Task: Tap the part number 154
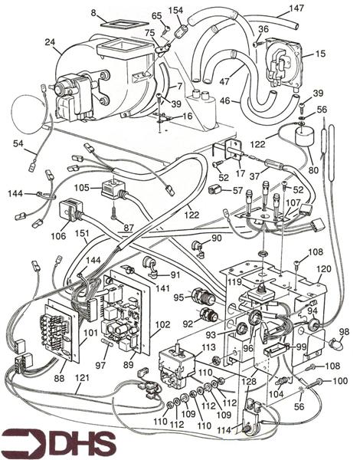click(x=175, y=11)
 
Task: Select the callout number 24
click(x=50, y=42)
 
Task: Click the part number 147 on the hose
click(x=296, y=8)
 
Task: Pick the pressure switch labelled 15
click(x=283, y=64)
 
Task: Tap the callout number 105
click(x=82, y=188)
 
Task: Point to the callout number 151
click(x=81, y=233)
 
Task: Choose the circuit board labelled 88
click(x=59, y=331)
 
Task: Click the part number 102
click(x=162, y=324)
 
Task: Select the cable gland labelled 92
click(x=208, y=318)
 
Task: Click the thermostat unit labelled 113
click(x=177, y=364)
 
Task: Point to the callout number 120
click(x=324, y=269)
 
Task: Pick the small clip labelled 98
click(x=336, y=343)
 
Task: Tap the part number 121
click(x=82, y=377)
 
